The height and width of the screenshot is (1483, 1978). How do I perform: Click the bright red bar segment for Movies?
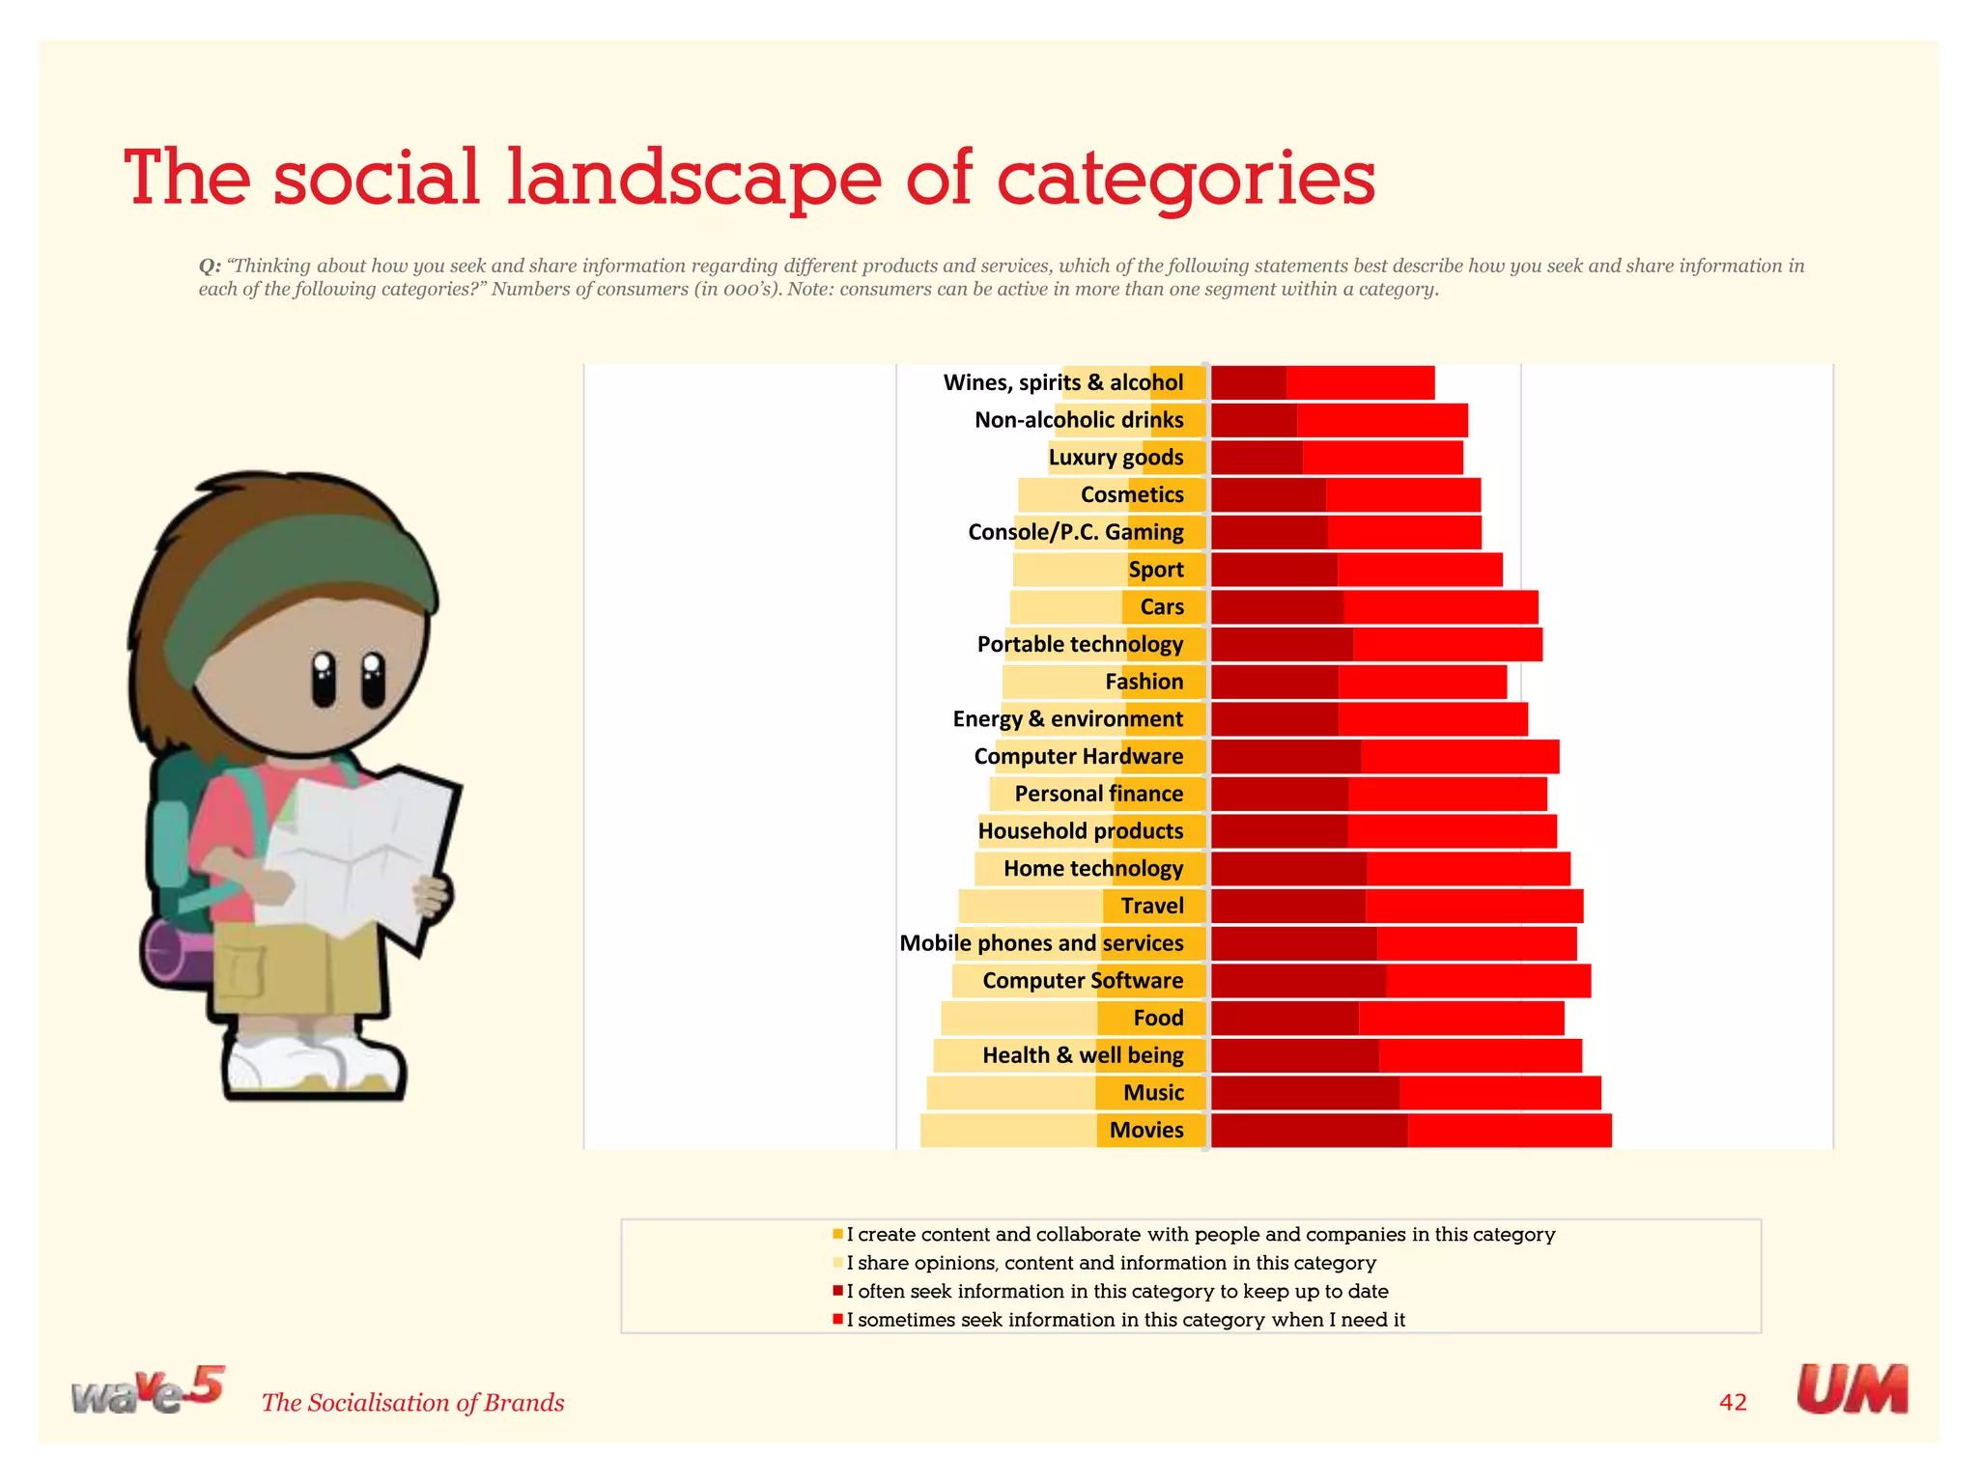click(1509, 1131)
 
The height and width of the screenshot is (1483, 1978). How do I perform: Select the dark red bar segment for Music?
click(1305, 1093)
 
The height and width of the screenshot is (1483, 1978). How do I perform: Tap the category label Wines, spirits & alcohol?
click(1062, 383)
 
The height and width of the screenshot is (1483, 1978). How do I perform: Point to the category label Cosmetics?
click(1131, 495)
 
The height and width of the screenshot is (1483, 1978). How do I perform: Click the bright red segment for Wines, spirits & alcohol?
click(1360, 383)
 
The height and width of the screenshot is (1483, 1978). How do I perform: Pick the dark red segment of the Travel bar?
click(1288, 907)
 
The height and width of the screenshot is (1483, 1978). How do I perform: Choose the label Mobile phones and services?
click(1041, 943)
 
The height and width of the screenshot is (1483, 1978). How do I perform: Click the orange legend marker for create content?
click(837, 1234)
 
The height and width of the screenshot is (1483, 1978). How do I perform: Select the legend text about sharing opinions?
click(1111, 1263)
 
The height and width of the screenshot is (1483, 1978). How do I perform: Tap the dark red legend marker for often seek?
click(837, 1291)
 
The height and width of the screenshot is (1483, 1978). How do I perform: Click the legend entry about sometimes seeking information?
click(1125, 1320)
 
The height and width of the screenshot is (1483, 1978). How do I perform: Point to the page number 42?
click(1733, 1402)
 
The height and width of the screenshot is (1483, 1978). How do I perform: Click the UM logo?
click(1851, 1390)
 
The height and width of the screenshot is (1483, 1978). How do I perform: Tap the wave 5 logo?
click(147, 1391)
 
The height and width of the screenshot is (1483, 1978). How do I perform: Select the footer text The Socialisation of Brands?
click(412, 1403)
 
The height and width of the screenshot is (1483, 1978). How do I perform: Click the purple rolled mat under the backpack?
click(174, 951)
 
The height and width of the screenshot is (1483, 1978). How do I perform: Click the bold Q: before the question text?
click(210, 266)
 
